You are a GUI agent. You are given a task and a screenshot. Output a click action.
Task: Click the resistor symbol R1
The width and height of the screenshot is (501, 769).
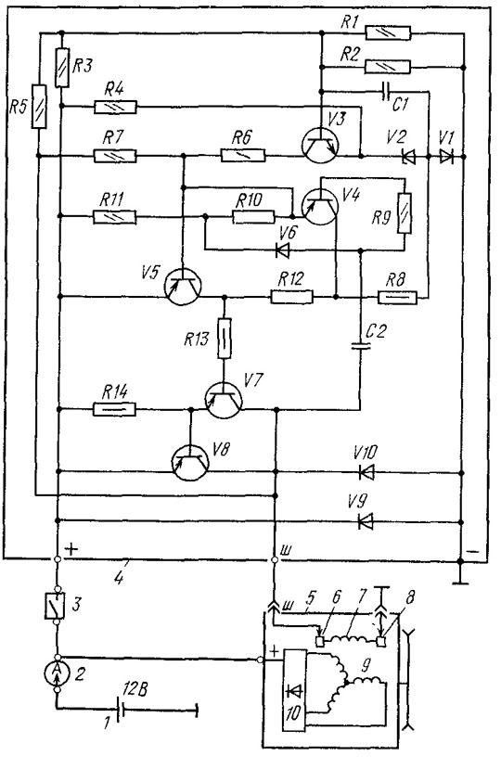(x=388, y=33)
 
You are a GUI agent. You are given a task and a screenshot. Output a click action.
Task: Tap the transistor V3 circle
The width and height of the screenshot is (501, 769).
(x=320, y=145)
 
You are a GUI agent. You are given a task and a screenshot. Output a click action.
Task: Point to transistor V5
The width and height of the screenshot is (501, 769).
(x=182, y=287)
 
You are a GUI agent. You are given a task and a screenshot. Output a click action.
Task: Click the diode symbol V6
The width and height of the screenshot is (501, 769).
(x=282, y=250)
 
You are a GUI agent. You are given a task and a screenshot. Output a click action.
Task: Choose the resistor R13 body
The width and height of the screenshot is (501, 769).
(x=224, y=339)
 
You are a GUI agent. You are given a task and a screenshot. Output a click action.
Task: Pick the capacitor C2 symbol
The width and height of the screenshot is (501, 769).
(x=361, y=345)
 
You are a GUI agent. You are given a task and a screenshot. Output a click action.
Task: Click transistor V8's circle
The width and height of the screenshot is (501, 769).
(x=190, y=462)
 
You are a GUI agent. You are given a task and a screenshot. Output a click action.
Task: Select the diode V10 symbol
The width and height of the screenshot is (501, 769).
(x=366, y=472)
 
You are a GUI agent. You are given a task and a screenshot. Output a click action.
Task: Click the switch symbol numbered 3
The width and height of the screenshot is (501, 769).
(x=55, y=605)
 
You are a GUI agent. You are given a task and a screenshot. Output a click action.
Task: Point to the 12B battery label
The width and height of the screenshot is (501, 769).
(x=135, y=690)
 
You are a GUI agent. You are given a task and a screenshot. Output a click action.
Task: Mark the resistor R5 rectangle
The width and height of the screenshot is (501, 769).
(x=39, y=107)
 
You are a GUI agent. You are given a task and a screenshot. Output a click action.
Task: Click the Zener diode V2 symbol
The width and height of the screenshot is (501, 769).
(x=408, y=157)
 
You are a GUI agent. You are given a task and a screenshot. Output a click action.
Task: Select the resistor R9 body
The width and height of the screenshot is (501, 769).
(x=405, y=213)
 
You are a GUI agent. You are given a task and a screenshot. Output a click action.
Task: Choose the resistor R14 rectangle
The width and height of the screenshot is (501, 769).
(x=115, y=409)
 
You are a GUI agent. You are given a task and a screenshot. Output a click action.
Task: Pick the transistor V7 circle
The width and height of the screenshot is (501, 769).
(x=224, y=399)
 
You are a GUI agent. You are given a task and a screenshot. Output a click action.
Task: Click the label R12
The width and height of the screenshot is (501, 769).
(x=290, y=280)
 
